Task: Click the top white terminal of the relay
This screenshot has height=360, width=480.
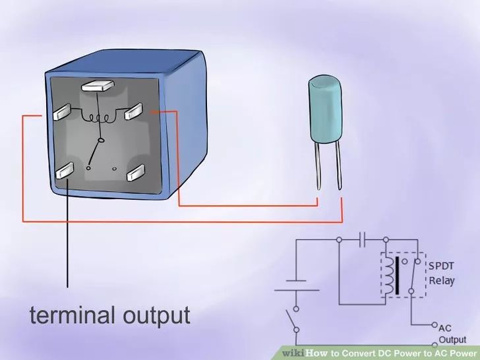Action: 98,86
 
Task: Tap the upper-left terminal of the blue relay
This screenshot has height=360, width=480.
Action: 62,111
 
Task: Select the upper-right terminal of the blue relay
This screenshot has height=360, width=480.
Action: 134,111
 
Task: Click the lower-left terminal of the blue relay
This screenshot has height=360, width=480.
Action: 65,170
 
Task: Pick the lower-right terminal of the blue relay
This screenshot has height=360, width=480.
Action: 136,173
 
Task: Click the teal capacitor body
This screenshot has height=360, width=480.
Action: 326,109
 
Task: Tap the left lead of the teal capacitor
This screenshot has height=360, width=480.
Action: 318,165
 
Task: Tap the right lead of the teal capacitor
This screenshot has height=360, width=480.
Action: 338,165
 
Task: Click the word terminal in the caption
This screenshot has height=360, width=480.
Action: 73,315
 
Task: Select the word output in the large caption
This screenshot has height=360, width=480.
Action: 157,316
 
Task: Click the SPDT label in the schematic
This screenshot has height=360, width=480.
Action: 441,266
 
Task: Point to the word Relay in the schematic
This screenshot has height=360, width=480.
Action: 442,281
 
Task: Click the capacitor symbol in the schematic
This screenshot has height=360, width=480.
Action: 363,239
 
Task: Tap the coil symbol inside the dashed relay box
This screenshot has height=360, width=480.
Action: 389,275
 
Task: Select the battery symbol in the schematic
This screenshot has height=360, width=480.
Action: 296,285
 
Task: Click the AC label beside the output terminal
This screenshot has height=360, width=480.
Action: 445,328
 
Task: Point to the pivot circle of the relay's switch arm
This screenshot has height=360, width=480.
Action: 100,141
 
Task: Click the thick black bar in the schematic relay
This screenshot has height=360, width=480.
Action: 398,276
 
